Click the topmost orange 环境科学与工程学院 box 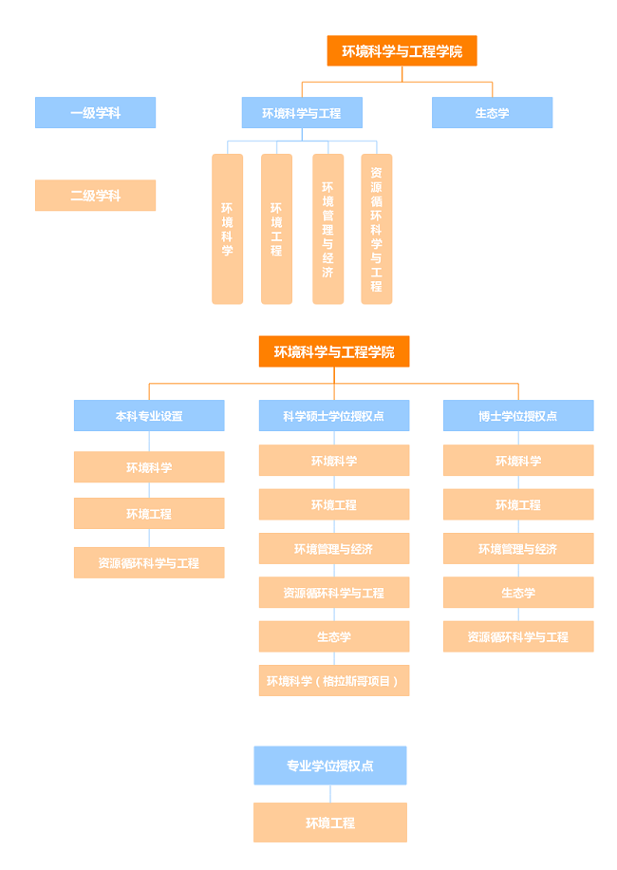coord(402,51)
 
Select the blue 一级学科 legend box coord(95,113)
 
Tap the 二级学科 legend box coord(95,196)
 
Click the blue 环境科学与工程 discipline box coord(302,113)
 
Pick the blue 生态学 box coord(492,113)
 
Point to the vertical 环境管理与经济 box coord(327,229)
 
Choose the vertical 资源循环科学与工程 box coord(377,229)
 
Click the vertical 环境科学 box coord(227,229)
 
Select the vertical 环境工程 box coord(276,229)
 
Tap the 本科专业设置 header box coord(149,416)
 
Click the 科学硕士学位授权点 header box coord(334,416)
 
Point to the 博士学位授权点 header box coord(518,416)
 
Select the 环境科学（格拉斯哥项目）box coord(334,681)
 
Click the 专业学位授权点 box coord(330,766)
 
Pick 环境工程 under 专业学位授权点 coord(330,823)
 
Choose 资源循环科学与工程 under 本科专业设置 coord(149,563)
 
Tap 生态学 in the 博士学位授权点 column coord(518,593)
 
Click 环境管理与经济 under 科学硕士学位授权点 coord(334,549)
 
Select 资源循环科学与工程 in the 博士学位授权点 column coord(518,637)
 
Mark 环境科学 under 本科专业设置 coord(149,467)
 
